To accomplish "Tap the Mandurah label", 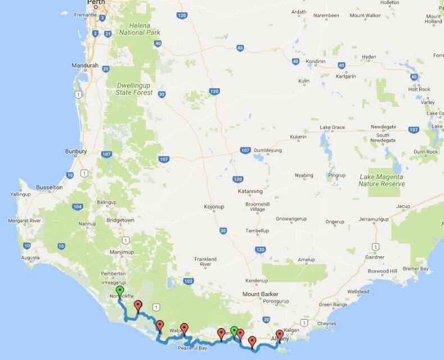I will pos(85,65).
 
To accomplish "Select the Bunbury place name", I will pos(75,152).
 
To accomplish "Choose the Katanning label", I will pos(251,191).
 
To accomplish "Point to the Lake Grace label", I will pos(333,127).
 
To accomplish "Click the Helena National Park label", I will pos(137,29).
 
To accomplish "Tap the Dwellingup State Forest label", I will pos(134,89).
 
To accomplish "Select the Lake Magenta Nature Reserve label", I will pos(382,180).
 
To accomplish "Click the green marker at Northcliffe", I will pos(119,290).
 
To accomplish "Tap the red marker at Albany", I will pos(279,335).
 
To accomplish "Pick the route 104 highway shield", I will pos(77,207).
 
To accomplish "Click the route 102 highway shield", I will pos(188,281).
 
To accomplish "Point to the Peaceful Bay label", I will pos(193,348).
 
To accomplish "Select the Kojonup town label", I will pos(214,207).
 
